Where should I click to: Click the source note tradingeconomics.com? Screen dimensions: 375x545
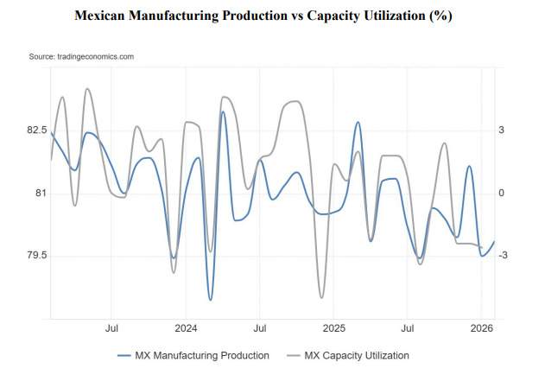(81, 56)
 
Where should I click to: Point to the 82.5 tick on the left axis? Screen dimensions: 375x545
(36, 130)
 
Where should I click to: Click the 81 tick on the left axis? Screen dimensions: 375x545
(40, 193)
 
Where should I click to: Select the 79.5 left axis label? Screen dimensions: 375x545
(36, 256)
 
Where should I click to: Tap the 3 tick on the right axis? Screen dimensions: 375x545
(500, 130)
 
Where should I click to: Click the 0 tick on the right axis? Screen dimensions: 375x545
(500, 193)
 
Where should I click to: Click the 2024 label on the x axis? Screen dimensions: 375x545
(186, 328)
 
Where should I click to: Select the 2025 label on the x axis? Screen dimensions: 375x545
(333, 328)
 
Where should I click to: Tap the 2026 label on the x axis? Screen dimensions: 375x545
(481, 328)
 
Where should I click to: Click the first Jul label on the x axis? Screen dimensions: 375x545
(111, 328)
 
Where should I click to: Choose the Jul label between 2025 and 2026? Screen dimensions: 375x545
(407, 328)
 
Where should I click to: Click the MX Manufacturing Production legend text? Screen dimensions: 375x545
(202, 355)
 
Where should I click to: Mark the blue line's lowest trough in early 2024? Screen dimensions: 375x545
(210, 300)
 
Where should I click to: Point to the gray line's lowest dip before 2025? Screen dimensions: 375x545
(321, 298)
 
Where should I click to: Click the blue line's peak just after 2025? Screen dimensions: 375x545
(358, 123)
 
